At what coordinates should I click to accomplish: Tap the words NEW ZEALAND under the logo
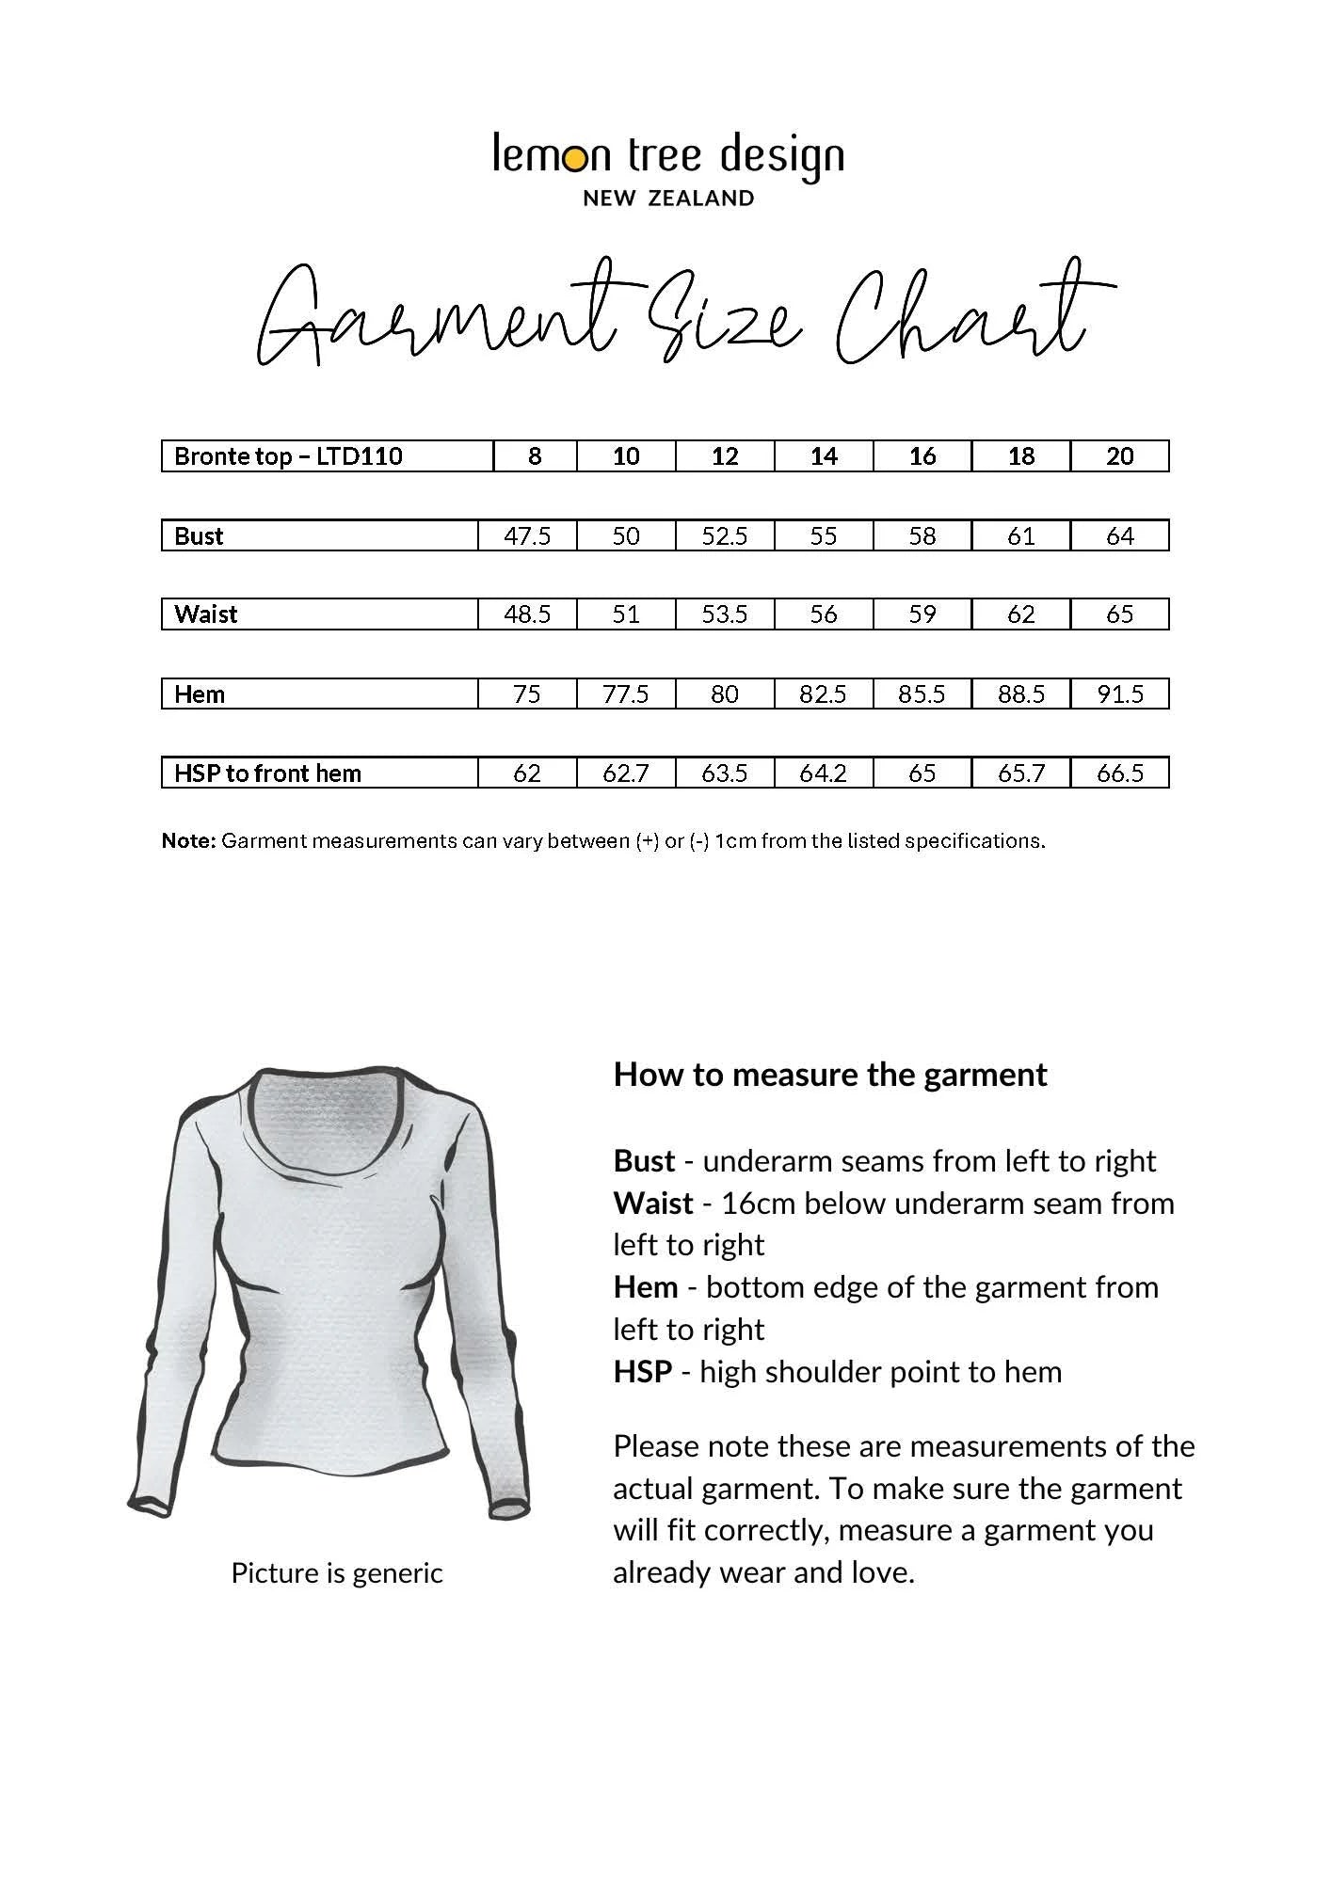tap(668, 199)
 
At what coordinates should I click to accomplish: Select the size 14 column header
tap(824, 456)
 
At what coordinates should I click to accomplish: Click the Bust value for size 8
tap(527, 536)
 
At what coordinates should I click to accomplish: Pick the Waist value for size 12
tap(725, 614)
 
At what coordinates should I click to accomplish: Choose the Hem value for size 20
tap(1120, 694)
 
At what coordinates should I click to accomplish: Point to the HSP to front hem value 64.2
tap(824, 774)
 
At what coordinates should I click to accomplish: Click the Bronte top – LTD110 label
tap(288, 456)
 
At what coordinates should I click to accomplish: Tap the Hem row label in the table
tap(200, 694)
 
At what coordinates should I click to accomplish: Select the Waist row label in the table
tap(205, 614)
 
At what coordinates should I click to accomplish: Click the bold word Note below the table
tap(189, 841)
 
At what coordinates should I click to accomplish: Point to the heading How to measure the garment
tap(829, 1075)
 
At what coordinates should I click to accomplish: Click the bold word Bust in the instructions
tap(644, 1161)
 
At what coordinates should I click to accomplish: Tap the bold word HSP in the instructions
tap(642, 1372)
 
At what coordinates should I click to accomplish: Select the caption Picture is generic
tap(337, 1572)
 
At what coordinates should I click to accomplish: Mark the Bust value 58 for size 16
tap(922, 536)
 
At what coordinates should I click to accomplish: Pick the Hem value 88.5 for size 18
tap(1021, 694)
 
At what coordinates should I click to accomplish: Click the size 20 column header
tap(1120, 456)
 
